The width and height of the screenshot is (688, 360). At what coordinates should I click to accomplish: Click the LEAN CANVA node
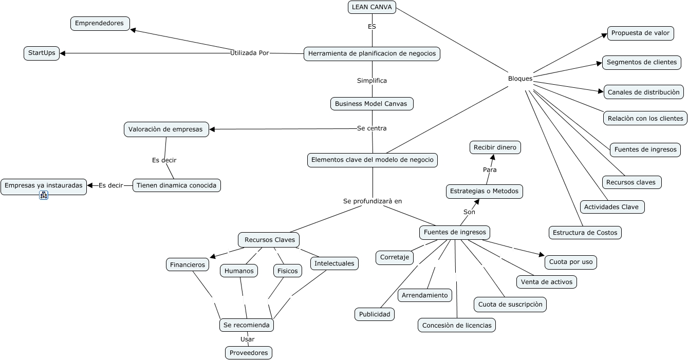(372, 7)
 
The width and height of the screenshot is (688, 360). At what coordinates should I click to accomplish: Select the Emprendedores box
(100, 23)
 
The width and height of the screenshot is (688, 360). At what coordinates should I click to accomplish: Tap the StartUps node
(42, 53)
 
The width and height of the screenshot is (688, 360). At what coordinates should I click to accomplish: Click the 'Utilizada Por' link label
(250, 52)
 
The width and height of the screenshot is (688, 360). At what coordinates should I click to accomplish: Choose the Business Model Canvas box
(371, 104)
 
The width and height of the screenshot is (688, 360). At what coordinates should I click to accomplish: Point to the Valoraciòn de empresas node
(166, 129)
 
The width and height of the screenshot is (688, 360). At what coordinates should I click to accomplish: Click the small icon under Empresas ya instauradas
(44, 195)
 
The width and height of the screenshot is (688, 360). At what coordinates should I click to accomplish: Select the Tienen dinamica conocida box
(177, 185)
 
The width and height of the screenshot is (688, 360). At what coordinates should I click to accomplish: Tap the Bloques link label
(520, 79)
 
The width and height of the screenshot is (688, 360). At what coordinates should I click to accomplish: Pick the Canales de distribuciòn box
(643, 92)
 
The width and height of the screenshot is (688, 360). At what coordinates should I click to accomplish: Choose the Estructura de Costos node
(585, 233)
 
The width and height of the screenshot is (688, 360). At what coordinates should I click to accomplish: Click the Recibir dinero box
(495, 148)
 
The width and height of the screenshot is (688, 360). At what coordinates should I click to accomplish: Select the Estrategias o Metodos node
(485, 192)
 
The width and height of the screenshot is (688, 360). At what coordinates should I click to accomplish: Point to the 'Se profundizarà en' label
(373, 201)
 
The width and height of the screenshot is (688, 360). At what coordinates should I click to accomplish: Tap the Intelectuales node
(334, 263)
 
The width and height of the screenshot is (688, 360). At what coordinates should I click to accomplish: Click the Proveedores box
(249, 353)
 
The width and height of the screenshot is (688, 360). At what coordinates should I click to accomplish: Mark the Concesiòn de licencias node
(457, 325)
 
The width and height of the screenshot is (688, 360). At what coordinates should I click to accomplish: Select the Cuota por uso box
(571, 262)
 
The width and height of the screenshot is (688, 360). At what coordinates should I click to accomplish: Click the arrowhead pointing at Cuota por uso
(541, 254)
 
